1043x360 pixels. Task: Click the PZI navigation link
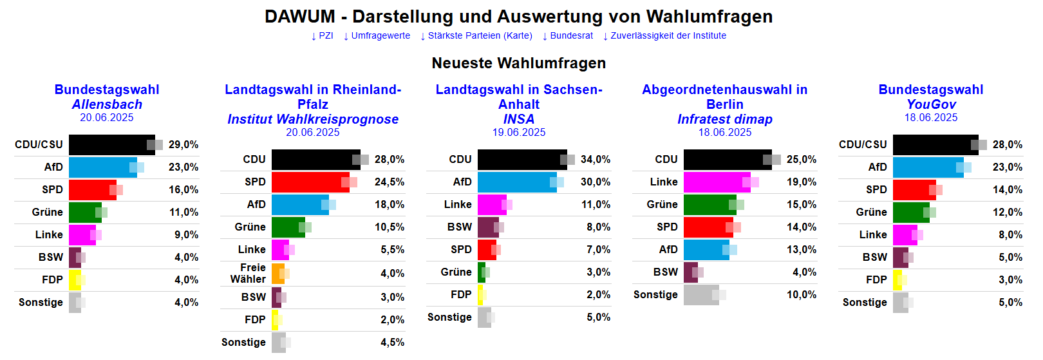click(323, 36)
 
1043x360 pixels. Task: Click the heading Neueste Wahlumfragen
click(519, 63)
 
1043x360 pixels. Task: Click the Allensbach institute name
click(107, 104)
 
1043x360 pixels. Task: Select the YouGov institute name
click(931, 104)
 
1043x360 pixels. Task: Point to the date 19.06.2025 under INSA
click(519, 133)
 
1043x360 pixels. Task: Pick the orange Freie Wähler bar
click(277, 274)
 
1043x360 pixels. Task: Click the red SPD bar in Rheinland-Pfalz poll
click(310, 182)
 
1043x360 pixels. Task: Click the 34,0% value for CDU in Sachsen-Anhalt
click(596, 160)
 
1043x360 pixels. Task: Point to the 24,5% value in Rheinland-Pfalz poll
click(390, 182)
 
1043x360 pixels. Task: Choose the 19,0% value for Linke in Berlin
click(802, 182)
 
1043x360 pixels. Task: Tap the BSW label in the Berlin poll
click(666, 272)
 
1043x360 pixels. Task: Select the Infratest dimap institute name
click(725, 119)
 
